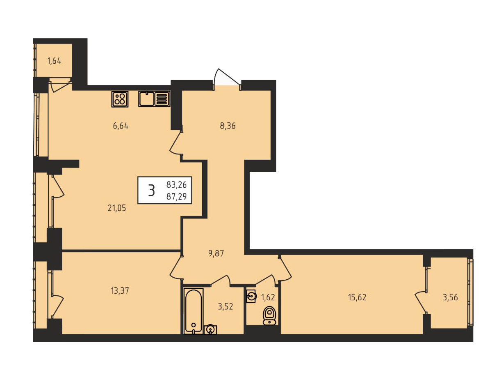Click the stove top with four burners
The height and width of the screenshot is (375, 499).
tap(120, 99)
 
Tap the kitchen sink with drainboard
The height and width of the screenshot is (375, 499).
tap(154, 99)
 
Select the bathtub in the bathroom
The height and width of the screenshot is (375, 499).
tap(193, 311)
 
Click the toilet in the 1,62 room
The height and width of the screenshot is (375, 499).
tap(270, 315)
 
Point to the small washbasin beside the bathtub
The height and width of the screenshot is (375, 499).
tap(210, 329)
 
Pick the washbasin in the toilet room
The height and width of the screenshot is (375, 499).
tap(251, 296)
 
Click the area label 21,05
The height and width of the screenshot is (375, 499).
tap(117, 208)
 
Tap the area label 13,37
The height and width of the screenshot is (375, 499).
tap(120, 291)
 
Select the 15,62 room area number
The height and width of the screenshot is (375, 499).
tap(357, 297)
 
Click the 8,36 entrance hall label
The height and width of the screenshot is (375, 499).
tap(228, 126)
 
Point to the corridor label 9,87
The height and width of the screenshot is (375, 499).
tap(216, 253)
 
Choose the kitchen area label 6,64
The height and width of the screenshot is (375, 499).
tap(121, 126)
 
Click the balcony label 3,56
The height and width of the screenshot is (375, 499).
tap(450, 297)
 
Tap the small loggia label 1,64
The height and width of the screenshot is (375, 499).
tap(54, 61)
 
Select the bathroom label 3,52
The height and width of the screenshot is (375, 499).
tap(226, 307)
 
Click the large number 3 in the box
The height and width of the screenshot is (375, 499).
tap(151, 190)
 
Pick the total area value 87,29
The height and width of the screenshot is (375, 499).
tap(176, 196)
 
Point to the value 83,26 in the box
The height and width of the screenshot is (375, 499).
tap(176, 185)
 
